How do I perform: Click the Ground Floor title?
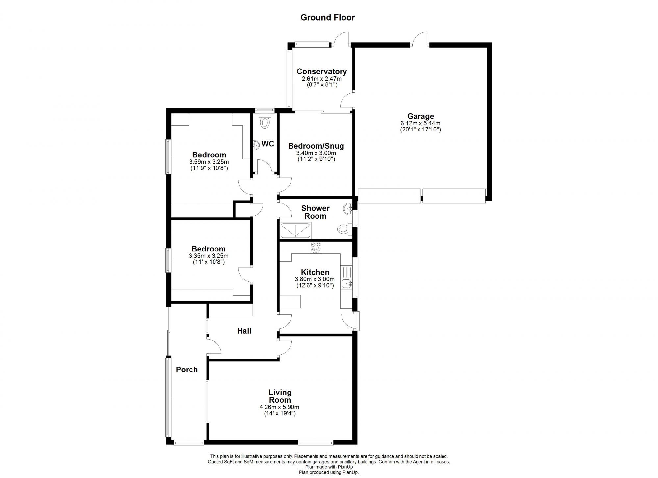point(327,18)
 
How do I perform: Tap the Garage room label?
point(420,116)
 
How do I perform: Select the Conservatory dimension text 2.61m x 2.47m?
point(321,79)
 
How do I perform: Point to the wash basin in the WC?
point(256,145)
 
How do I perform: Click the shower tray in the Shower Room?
point(295,230)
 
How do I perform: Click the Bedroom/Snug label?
point(316,146)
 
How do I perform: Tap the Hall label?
point(244,331)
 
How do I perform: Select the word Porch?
point(187,370)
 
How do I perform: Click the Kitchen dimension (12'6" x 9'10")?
point(315,285)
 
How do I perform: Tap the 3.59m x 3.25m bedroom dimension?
point(209,162)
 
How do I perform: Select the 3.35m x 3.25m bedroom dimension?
point(209,256)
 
